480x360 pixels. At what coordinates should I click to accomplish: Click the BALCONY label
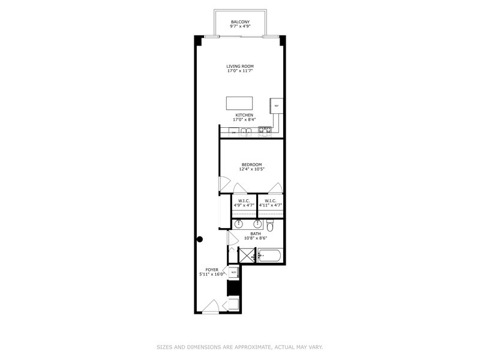point(240,22)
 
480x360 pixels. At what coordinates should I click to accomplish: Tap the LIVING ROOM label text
point(240,66)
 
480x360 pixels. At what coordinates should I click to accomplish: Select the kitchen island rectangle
point(239,103)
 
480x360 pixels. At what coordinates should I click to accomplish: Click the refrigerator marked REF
point(277,106)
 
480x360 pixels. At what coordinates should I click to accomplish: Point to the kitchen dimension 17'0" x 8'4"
point(244,119)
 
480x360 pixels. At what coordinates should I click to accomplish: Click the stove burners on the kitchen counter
point(265,130)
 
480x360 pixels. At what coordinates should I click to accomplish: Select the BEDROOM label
point(251,164)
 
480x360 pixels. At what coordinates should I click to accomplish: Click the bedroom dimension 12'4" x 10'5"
point(251,169)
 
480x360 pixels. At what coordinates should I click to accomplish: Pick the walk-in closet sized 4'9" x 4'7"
point(244,203)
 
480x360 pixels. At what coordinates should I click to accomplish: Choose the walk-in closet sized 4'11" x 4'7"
point(270,203)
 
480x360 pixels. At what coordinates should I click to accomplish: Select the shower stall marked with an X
point(247,256)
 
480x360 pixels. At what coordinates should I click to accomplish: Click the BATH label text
point(256,233)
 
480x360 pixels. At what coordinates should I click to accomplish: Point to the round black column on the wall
point(200,239)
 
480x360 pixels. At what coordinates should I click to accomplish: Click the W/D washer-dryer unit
point(233,272)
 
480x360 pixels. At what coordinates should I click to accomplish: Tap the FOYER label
point(212,270)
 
